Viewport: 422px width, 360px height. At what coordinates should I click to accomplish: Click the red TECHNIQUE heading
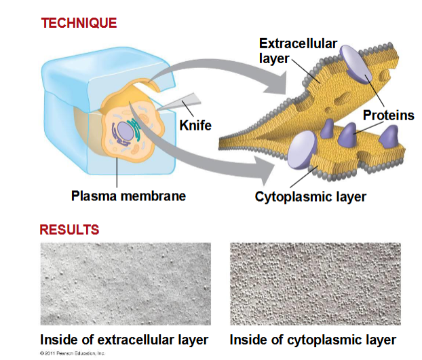[x=79, y=23]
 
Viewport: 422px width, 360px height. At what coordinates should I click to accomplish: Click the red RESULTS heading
[x=69, y=230]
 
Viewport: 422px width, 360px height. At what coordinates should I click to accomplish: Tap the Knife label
[x=195, y=126]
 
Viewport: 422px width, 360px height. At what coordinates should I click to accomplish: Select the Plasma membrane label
[x=128, y=196]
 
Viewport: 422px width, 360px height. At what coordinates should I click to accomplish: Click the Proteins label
[x=388, y=115]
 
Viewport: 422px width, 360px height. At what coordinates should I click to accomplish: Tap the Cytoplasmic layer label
[x=310, y=197]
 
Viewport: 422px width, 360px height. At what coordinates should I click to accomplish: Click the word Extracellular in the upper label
[x=299, y=43]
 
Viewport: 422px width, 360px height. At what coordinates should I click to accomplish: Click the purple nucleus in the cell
[x=126, y=131]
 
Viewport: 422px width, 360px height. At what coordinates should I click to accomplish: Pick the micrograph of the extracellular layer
[x=126, y=284]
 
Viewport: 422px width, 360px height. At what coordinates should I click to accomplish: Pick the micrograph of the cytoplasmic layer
[x=315, y=284]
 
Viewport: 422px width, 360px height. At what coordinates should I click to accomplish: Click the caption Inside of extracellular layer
[x=124, y=340]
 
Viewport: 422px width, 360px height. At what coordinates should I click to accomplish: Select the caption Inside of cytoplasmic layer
[x=313, y=340]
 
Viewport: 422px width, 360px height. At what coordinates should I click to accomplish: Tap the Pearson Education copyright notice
[x=72, y=353]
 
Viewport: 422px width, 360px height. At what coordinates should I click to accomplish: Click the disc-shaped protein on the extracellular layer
[x=356, y=64]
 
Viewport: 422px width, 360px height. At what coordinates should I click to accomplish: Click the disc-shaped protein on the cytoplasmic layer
[x=302, y=150]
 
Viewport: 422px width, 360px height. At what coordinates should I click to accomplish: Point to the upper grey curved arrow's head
[x=276, y=83]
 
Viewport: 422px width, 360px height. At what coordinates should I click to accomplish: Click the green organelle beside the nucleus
[x=136, y=130]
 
